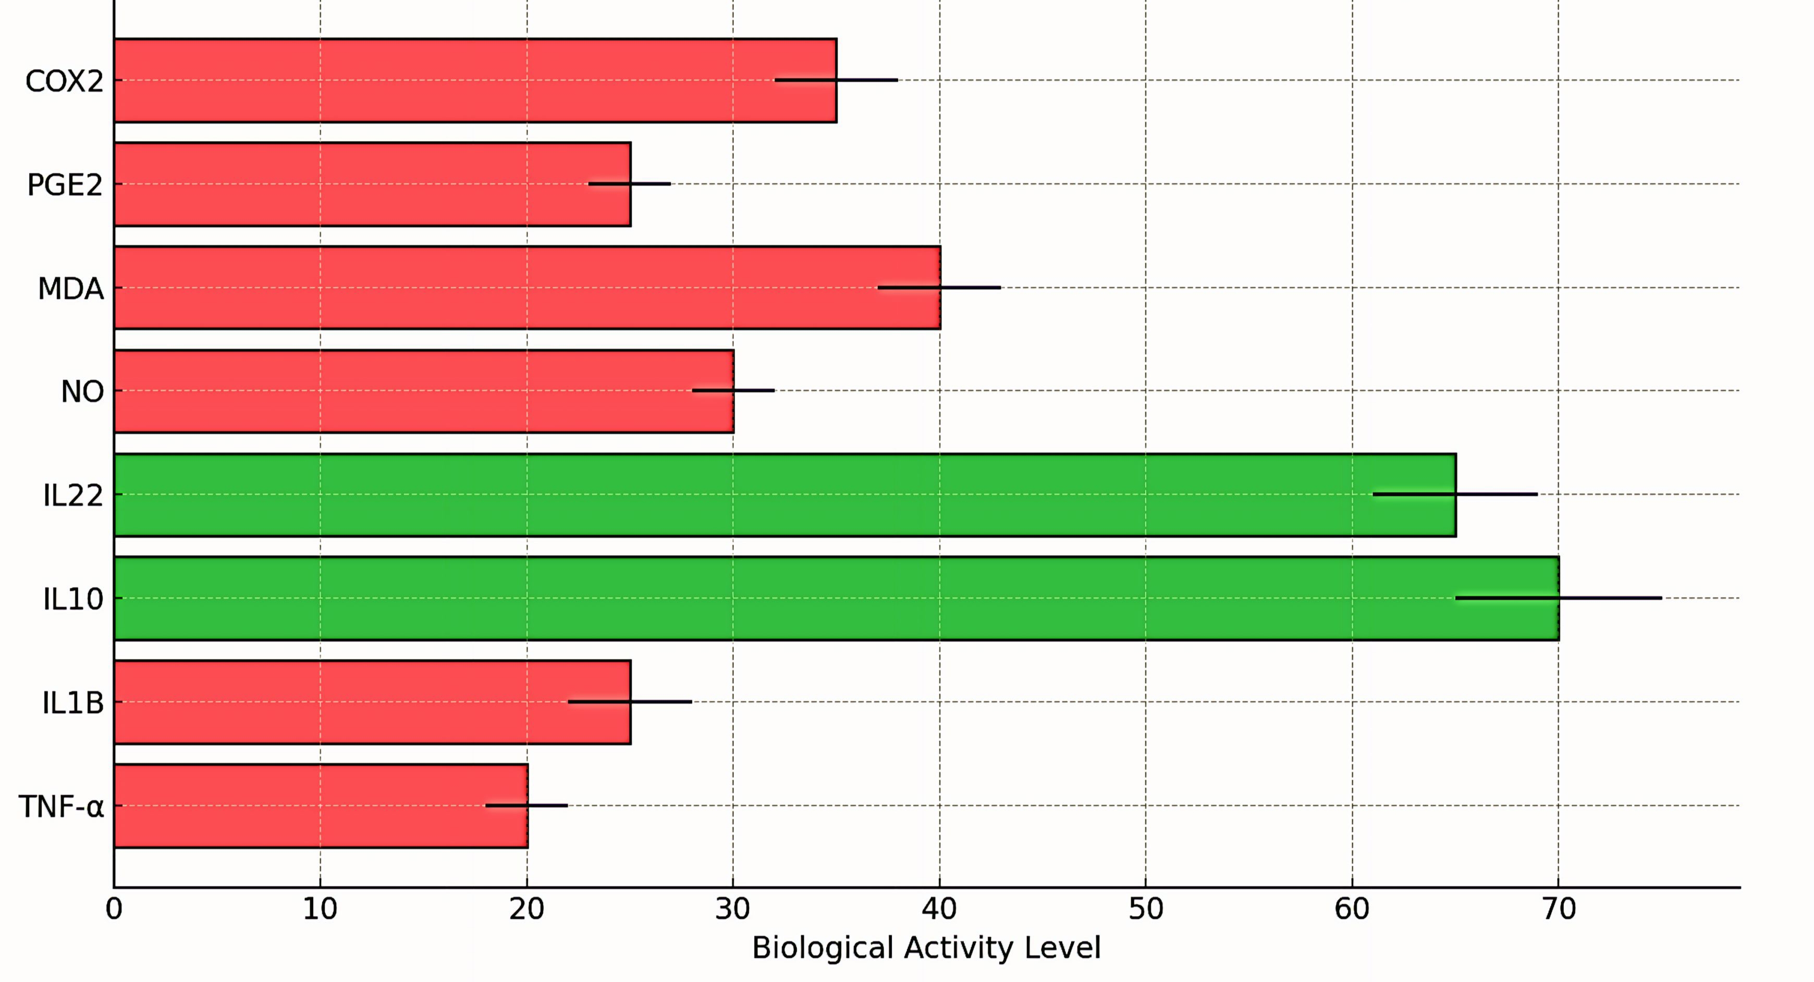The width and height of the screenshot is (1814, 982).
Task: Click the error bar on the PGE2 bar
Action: tap(630, 184)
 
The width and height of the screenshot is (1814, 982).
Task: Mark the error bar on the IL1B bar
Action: tap(630, 702)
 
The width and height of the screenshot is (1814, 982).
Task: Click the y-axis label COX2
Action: tap(64, 82)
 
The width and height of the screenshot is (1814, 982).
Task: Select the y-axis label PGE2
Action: tap(65, 185)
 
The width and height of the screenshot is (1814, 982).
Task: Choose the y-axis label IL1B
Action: tap(72, 703)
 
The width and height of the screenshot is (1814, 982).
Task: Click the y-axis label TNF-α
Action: tap(62, 807)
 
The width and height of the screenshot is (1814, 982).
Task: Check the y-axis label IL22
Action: tap(72, 495)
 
